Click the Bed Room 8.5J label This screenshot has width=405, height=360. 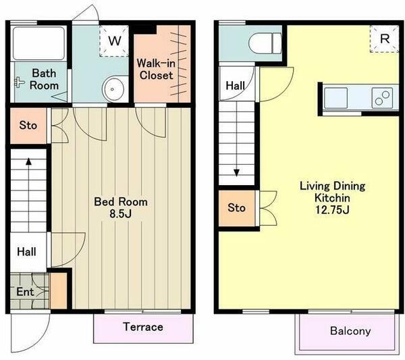pyautogui.click(x=121, y=207)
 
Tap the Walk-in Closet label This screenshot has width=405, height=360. pyautogui.click(x=156, y=70)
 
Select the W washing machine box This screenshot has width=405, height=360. pyautogui.click(x=114, y=41)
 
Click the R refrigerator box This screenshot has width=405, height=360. pyautogui.click(x=384, y=39)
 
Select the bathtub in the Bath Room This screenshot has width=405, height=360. pyautogui.click(x=38, y=43)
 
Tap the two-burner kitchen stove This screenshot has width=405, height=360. pyautogui.click(x=382, y=98)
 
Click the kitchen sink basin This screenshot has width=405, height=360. pyautogui.click(x=335, y=98)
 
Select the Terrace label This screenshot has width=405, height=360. pyautogui.click(x=143, y=327)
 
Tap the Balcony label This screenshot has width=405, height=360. pyautogui.click(x=350, y=331)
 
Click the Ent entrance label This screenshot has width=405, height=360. pyautogui.click(x=25, y=292)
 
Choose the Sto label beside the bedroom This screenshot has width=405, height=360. pyautogui.click(x=28, y=126)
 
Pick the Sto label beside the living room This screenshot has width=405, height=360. pyautogui.click(x=236, y=208)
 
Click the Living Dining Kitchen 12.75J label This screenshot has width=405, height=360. pyautogui.click(x=332, y=198)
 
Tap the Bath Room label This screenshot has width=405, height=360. pyautogui.click(x=44, y=79)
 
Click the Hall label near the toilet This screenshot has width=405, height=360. pyautogui.click(x=235, y=86)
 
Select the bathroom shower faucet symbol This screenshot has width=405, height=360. pyautogui.click(x=19, y=82)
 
